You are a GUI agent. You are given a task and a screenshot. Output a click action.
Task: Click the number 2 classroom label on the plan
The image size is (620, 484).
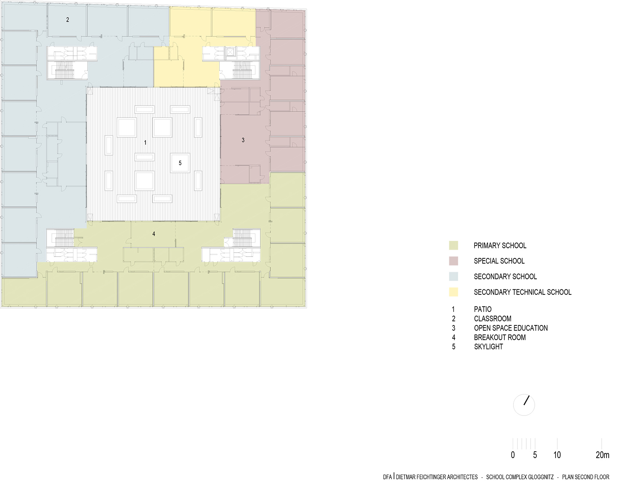67,20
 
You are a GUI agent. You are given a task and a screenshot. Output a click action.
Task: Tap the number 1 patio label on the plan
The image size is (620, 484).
145,143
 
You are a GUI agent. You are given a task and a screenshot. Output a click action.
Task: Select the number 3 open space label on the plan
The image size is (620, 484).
243,140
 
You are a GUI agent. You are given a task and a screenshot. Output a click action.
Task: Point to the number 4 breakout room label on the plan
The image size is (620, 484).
154,234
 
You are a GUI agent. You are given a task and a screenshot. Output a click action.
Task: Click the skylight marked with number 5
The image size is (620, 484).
180,163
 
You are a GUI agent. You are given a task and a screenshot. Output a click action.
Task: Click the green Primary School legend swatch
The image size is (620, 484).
453,246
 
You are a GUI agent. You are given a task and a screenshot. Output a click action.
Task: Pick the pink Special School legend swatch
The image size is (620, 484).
453,261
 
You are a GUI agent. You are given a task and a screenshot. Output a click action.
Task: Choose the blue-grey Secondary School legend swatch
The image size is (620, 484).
453,277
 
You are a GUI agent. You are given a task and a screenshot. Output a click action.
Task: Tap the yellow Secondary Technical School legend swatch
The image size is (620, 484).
453,292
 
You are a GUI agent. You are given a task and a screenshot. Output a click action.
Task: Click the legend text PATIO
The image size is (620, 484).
483,309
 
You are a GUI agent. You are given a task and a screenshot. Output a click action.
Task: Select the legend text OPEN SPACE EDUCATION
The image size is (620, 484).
511,328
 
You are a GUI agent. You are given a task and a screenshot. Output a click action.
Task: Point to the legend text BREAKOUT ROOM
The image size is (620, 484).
500,337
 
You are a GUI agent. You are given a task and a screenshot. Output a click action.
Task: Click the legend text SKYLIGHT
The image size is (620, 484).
488,347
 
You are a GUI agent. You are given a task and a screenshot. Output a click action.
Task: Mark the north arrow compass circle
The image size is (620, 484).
524,405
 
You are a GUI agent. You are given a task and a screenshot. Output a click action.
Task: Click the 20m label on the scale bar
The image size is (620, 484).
602,455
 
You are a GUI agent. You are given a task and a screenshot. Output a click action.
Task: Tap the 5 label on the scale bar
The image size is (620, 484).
535,455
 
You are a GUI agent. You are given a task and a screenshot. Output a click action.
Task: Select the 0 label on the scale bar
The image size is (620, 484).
513,455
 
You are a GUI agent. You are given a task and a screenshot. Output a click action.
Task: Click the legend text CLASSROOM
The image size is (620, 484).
492,319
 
